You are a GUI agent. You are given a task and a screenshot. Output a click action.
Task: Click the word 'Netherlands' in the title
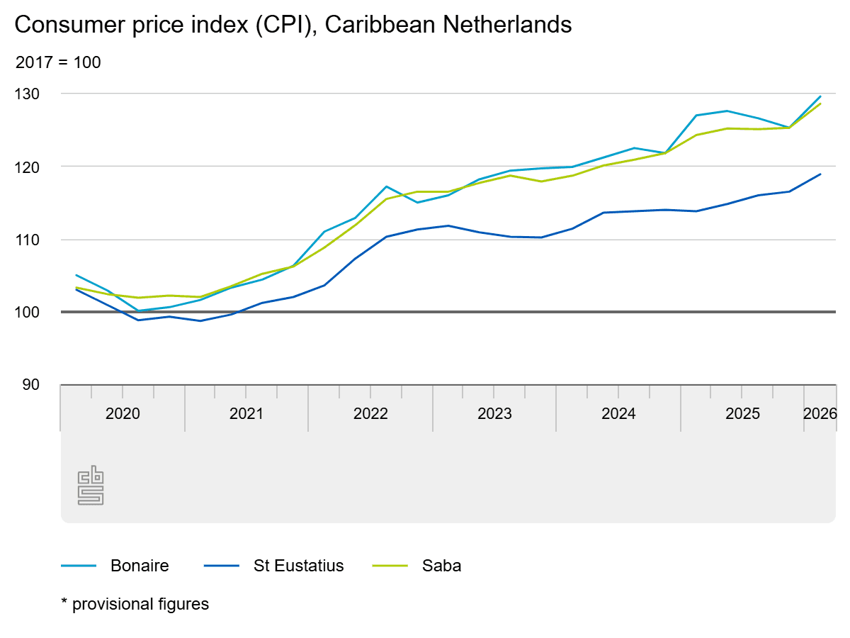(x=506, y=25)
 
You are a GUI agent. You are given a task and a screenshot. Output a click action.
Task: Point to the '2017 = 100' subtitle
(x=58, y=62)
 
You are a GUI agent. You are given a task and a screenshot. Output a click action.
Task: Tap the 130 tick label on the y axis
(x=27, y=94)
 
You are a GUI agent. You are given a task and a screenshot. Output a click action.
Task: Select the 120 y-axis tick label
(x=27, y=167)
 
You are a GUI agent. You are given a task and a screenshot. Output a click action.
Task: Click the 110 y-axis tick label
(x=27, y=240)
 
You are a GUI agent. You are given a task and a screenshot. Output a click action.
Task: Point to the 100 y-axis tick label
(x=27, y=312)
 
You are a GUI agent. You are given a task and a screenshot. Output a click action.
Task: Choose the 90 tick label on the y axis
(x=30, y=385)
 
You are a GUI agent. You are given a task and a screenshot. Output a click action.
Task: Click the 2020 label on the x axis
(x=123, y=414)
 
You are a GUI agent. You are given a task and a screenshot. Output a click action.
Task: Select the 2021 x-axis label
(x=246, y=414)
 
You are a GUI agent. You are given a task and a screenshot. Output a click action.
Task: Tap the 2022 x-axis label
(x=370, y=414)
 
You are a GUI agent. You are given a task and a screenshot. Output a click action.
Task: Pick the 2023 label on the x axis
(x=494, y=414)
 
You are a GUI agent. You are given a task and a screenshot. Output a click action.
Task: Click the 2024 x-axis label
(x=618, y=414)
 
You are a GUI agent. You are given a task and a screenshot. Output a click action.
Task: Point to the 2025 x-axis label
(x=742, y=414)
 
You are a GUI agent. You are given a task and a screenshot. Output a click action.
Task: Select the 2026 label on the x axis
(x=820, y=414)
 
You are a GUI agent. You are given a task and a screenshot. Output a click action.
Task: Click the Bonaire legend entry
(x=115, y=566)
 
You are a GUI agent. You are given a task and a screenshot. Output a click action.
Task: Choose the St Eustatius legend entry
(x=274, y=566)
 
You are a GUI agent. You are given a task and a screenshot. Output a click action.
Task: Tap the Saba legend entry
(x=416, y=566)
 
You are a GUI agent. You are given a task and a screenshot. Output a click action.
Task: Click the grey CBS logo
(x=91, y=486)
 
